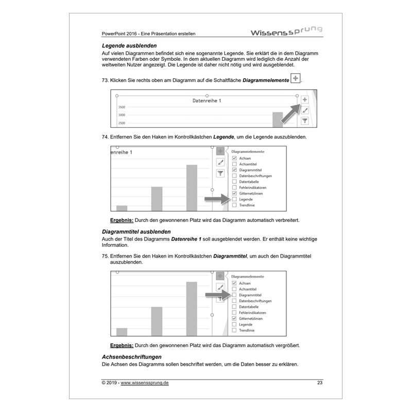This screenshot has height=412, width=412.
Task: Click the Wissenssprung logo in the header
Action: coord(286,32)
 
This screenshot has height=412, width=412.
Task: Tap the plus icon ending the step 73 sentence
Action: coord(295,78)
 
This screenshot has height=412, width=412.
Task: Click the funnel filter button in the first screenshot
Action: coord(304,120)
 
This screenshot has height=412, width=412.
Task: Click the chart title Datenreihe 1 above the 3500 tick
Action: coord(207,101)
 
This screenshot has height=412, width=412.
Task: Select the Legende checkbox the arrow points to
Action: coord(234,199)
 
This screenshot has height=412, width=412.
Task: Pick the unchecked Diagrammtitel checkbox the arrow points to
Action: coord(234,295)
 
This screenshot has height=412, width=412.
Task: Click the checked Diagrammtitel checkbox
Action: coord(234,170)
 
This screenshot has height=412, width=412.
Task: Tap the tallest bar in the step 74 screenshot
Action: coord(192,187)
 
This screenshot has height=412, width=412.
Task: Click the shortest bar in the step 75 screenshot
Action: coord(122,332)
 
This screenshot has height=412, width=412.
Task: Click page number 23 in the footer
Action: coord(320,383)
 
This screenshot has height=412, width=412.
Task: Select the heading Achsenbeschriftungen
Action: coord(132,357)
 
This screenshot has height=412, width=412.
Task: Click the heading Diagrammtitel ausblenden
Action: coord(136,232)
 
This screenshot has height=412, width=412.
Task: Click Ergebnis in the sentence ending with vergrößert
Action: coord(122,345)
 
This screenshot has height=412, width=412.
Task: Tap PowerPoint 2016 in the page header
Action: coord(121,34)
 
